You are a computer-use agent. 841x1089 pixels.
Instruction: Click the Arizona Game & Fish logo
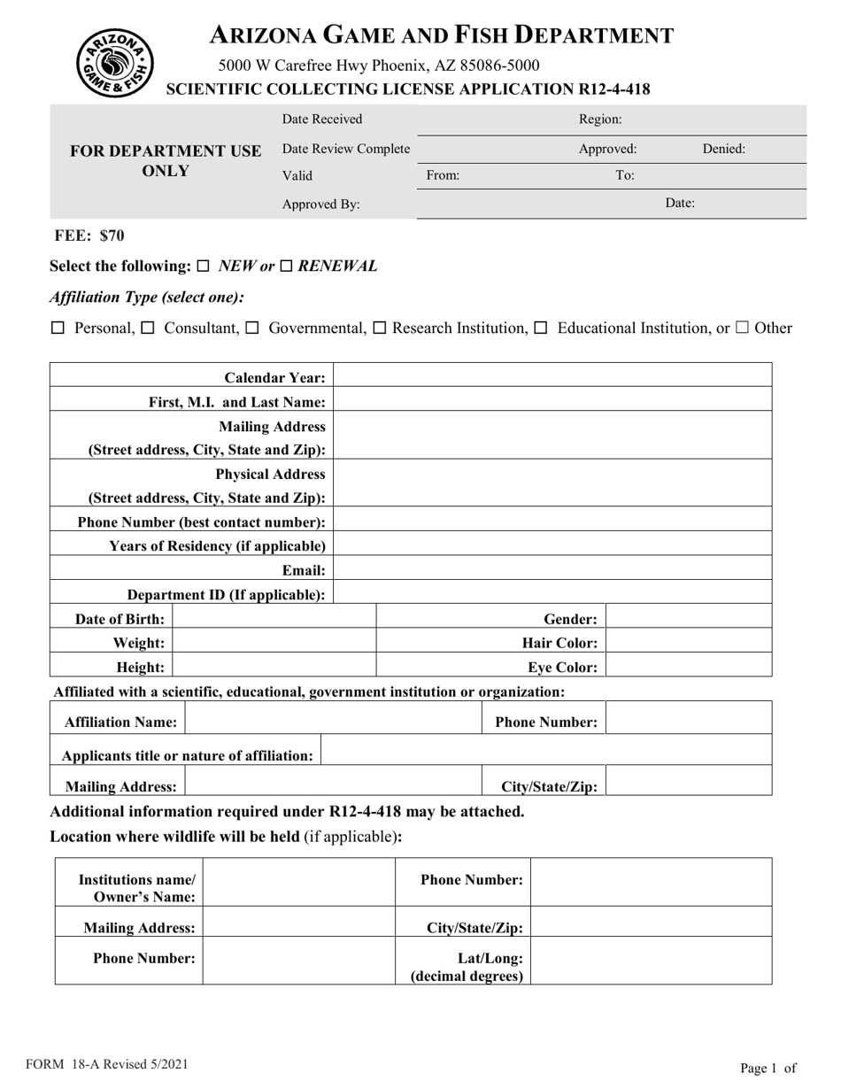(x=114, y=62)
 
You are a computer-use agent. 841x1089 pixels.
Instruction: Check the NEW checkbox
(x=203, y=266)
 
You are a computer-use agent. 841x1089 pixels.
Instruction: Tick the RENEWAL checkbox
(x=286, y=266)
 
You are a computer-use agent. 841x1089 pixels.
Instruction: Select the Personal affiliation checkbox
(x=58, y=328)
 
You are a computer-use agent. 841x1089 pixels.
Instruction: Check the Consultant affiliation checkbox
(x=148, y=328)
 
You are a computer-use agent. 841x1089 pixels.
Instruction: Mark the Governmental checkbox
(x=251, y=328)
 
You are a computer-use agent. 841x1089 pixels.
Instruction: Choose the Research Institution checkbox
(x=380, y=328)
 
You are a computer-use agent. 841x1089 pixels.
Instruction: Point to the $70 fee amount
(x=112, y=236)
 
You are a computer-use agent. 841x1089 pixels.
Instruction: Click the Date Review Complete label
(x=345, y=149)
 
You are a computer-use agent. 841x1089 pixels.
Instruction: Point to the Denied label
(x=723, y=149)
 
